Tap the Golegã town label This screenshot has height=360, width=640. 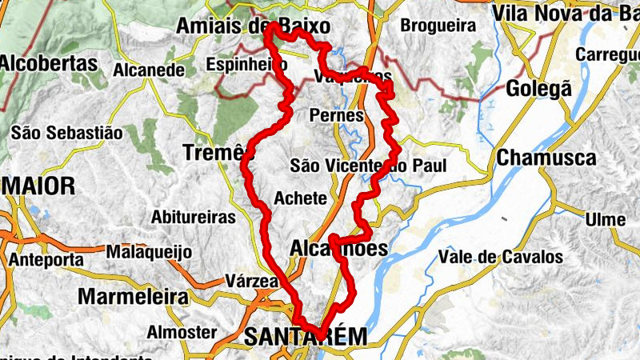(538, 89)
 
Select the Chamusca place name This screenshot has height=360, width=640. (546, 158)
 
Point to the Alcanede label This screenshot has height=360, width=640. (150, 70)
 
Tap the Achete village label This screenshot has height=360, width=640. (300, 198)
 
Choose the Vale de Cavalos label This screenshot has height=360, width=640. (500, 258)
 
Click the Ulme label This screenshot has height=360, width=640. (606, 219)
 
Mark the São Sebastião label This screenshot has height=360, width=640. (66, 132)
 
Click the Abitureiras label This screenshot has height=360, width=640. (194, 217)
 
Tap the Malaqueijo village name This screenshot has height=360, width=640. (149, 252)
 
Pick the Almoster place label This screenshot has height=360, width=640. (182, 332)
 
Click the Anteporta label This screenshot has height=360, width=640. (46, 260)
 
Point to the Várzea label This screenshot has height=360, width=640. (251, 282)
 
